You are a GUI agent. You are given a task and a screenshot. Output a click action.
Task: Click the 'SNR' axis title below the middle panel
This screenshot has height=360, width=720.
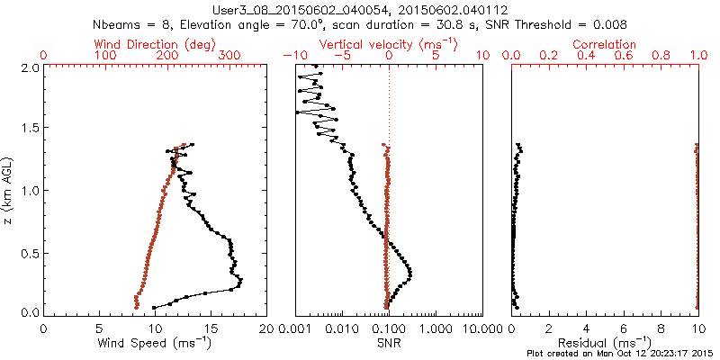(389, 342)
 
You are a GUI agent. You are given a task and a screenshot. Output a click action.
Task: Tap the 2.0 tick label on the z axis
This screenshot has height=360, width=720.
(29, 67)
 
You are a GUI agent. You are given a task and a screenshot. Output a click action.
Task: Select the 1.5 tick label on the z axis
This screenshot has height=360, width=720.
(29, 129)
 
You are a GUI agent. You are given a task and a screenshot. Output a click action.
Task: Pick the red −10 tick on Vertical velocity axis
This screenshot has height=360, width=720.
(291, 56)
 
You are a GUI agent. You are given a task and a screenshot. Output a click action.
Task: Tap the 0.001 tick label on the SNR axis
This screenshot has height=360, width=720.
(296, 328)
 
